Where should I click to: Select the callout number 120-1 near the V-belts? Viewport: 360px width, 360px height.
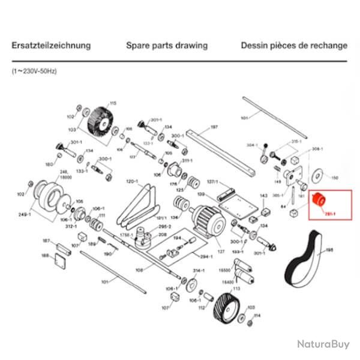point(132,181)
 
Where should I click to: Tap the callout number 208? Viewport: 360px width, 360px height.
point(163,236)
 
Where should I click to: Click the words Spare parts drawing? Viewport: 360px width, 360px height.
point(167,45)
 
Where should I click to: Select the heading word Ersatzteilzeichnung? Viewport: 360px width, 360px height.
point(52,45)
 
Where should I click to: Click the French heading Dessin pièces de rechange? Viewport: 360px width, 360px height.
point(293,45)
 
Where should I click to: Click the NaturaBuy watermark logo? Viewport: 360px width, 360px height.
point(322,344)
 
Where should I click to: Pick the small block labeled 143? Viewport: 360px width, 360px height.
point(265,209)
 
